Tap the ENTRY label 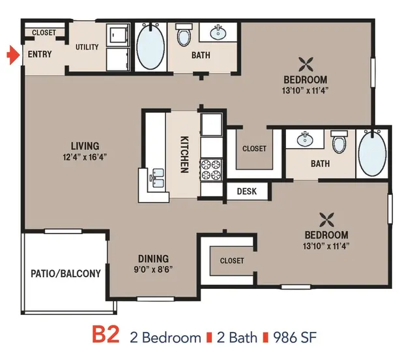tap(40, 54)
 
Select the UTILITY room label tap(87, 47)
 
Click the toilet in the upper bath tap(184, 35)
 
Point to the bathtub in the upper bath tap(151, 47)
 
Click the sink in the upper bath tap(218, 33)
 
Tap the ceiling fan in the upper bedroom tap(306, 65)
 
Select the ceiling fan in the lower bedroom tap(327, 220)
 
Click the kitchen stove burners tap(211, 170)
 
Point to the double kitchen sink tap(157, 178)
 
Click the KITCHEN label tap(184, 155)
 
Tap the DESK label tap(247, 192)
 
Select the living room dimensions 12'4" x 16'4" tap(85, 157)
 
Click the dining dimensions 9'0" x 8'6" tap(153, 270)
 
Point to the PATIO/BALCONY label tap(66, 274)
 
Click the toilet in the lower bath tap(339, 142)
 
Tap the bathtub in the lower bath tap(372, 153)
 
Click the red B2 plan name tap(106, 335)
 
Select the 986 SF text tap(295, 337)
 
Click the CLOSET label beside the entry tap(44, 33)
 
